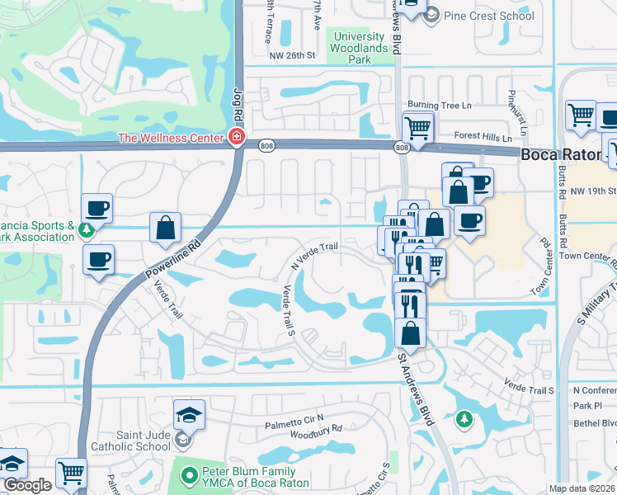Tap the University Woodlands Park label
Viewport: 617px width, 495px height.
pos(359,48)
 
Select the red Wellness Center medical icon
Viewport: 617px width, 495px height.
pos(237,136)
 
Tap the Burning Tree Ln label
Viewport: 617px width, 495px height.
pos(437,106)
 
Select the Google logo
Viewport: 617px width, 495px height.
pos(27,486)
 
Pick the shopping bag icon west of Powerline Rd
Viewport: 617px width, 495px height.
pos(166,226)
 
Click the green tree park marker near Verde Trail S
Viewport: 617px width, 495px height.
pos(464,419)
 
